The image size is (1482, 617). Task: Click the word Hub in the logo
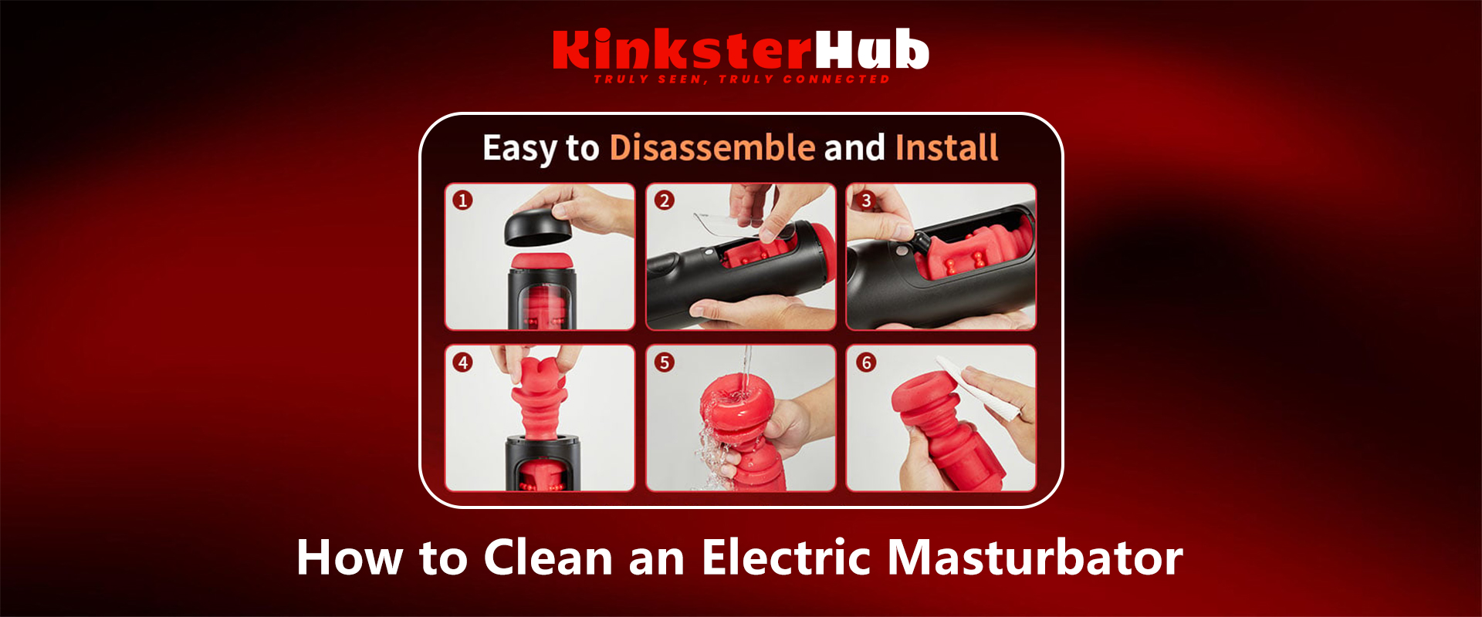click(872, 50)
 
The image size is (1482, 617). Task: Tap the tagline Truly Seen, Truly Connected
click(742, 79)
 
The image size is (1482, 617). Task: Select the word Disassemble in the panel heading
click(712, 147)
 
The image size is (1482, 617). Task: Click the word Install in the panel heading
click(946, 147)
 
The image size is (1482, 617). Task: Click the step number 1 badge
click(462, 201)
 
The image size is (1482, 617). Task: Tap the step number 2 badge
click(664, 201)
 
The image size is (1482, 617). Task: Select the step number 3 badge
click(866, 201)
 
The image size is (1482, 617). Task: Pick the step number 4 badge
click(462, 362)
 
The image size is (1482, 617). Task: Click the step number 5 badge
click(664, 362)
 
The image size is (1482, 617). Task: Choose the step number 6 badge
click(866, 362)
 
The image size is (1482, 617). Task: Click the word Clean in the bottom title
click(548, 557)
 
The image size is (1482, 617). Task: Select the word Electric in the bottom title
click(788, 557)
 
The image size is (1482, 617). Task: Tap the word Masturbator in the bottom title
click(1035, 557)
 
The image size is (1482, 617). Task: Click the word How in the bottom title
click(350, 557)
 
